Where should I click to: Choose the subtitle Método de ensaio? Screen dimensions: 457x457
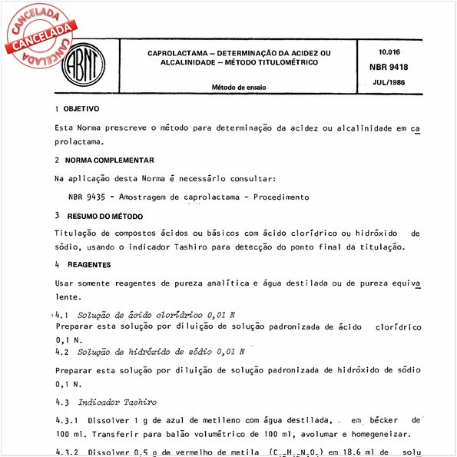click(239, 87)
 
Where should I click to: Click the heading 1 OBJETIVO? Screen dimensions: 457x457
click(77, 109)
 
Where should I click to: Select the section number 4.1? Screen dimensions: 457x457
click(62, 316)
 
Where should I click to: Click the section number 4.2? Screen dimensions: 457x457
click(62, 352)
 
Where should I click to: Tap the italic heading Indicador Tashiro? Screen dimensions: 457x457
click(118, 402)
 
